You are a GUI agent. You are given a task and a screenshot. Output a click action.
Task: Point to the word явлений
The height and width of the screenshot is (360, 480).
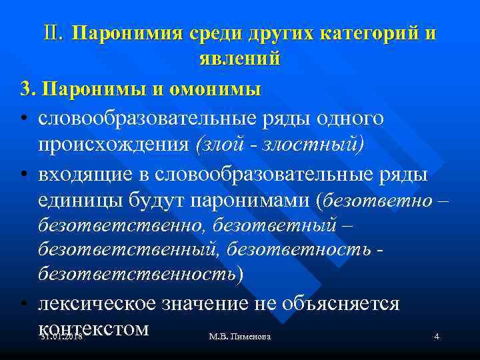240,58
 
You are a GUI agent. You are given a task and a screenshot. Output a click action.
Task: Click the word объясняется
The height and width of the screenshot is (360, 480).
344,303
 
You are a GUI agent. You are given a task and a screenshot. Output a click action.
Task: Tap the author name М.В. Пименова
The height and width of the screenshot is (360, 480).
240,337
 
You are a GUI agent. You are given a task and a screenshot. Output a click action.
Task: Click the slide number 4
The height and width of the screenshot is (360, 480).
437,337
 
